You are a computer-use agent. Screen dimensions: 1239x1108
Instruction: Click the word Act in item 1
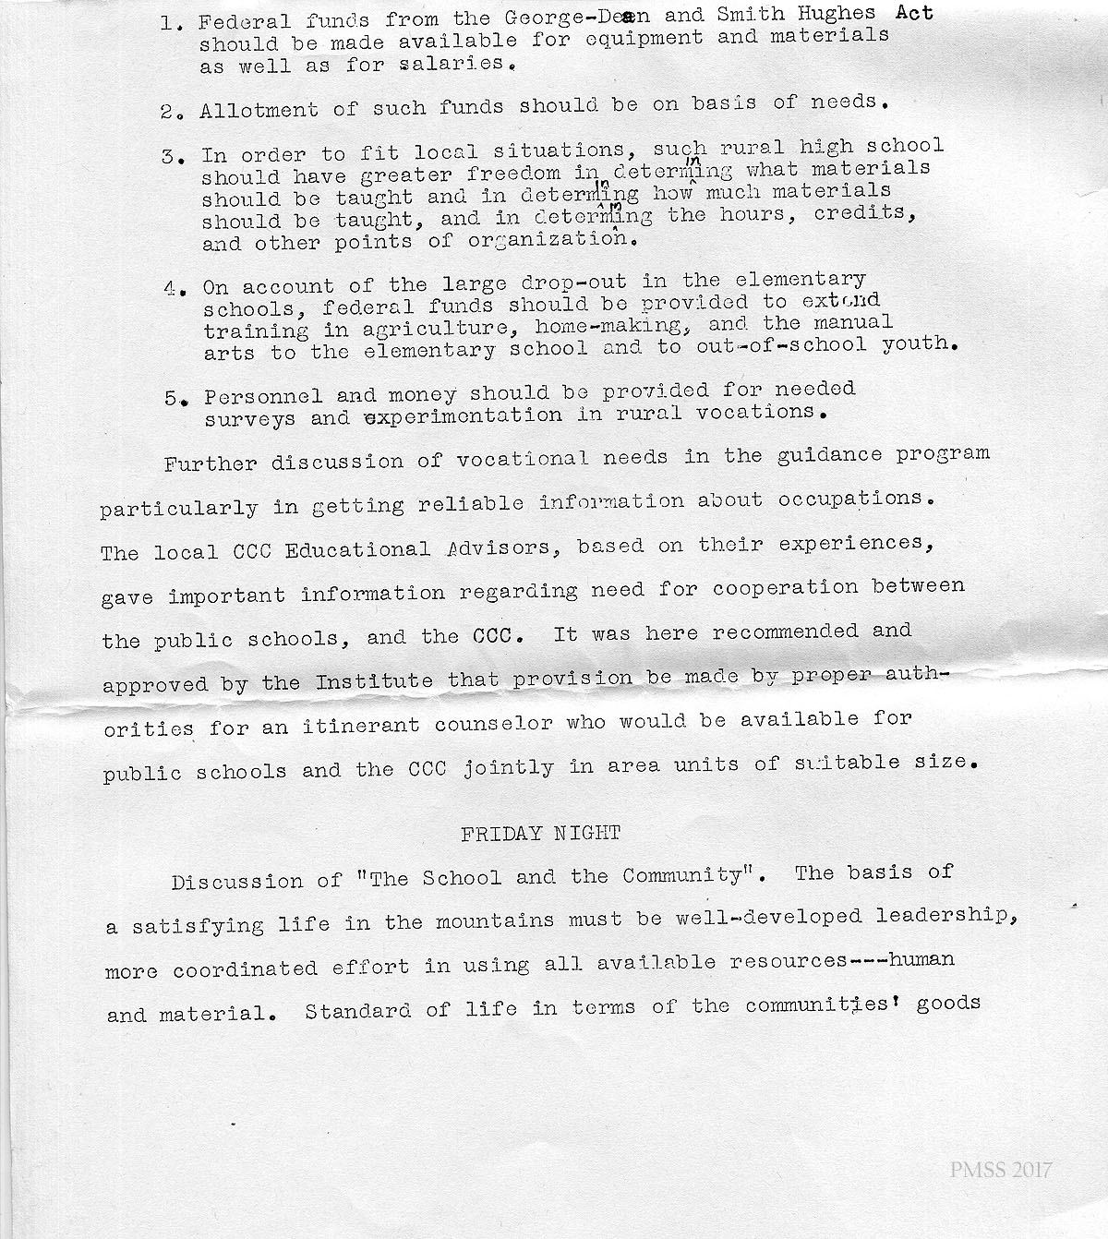tap(914, 13)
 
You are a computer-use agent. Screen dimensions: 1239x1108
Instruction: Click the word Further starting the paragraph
tap(211, 463)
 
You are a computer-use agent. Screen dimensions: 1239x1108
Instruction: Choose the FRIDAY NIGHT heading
tap(541, 834)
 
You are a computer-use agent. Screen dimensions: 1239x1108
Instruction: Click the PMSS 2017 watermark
tap(1000, 1171)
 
